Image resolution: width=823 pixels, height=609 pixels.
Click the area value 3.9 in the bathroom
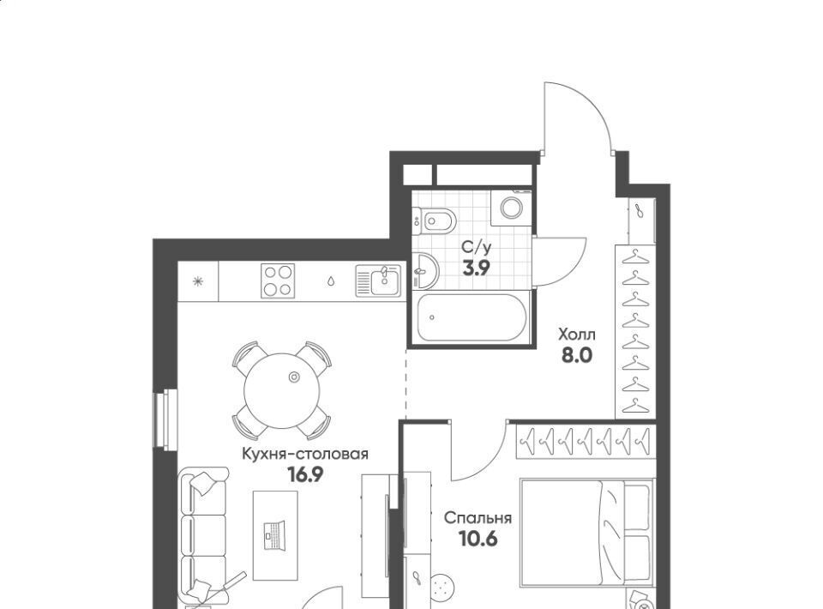(x=476, y=268)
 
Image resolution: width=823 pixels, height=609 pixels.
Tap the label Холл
(x=577, y=335)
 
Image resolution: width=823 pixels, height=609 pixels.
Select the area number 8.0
(x=577, y=356)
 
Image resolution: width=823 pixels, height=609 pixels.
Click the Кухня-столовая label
(x=305, y=454)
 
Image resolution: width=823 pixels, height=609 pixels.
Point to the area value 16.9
(x=305, y=474)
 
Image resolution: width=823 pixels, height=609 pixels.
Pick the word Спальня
(x=478, y=518)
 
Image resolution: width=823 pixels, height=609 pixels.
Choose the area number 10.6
(x=478, y=539)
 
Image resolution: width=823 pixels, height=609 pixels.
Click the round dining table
(x=282, y=390)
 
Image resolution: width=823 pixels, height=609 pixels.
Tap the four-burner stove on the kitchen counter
(x=278, y=280)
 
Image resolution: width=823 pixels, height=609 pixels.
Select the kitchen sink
(x=378, y=280)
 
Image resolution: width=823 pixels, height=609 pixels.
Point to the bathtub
(x=472, y=317)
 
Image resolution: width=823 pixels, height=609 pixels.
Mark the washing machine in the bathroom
(x=511, y=208)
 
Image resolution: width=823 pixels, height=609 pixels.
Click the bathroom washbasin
(x=424, y=271)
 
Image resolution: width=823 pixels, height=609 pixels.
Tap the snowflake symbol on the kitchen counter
(x=198, y=281)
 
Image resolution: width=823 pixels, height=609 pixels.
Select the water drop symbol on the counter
(x=331, y=281)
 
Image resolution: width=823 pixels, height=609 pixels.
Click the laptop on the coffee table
(x=275, y=535)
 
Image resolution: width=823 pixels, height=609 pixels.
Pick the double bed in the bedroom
(x=586, y=533)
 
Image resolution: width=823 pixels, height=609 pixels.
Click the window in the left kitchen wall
(x=165, y=419)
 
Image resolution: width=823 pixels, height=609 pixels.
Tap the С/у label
(x=477, y=247)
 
